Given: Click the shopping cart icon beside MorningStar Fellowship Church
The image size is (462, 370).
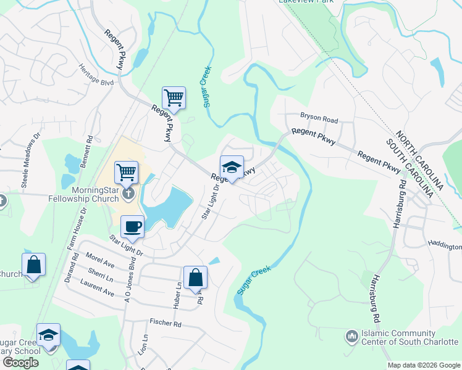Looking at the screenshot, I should point(127,172).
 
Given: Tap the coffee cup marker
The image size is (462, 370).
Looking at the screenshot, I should point(132,226).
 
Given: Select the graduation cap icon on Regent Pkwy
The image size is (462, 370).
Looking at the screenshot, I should point(232,167).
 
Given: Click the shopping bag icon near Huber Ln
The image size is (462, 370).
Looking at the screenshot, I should point(195,278).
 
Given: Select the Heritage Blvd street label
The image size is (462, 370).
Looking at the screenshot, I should point(96,74).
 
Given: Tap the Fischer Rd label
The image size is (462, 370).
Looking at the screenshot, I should point(165,323).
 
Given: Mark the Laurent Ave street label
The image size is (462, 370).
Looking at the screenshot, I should point(97,287).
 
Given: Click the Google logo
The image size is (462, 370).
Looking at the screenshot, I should point(20,362).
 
